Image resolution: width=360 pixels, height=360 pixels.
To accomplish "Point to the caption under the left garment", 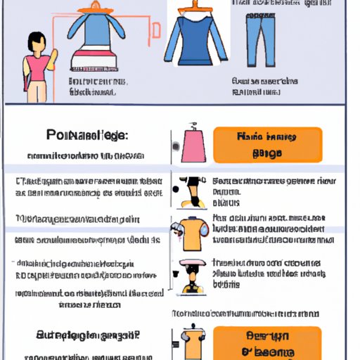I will pos(98,86).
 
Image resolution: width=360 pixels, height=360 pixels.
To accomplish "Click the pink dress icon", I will pos(193,146).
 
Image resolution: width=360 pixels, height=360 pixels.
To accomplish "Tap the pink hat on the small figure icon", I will pos(192,264).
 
